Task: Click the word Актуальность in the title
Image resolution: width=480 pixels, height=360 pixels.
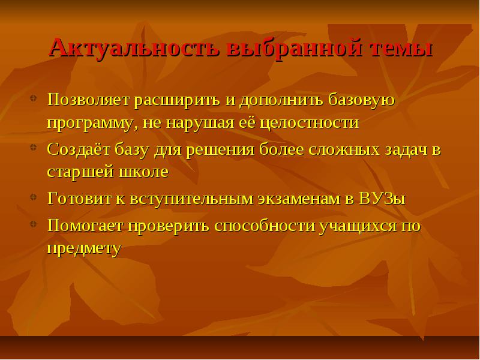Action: [134, 48]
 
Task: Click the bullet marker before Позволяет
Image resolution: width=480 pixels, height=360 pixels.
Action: [34, 98]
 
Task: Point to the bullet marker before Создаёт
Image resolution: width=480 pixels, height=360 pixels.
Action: [34, 147]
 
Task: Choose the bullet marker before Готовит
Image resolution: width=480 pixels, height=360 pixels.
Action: [34, 197]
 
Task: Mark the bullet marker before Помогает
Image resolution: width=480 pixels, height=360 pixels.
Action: [34, 224]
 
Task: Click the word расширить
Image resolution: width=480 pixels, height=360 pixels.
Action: [177, 100]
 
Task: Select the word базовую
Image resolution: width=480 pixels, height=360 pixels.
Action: [362, 100]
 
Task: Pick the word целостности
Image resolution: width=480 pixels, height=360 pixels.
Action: [309, 124]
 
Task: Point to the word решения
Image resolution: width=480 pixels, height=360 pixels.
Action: [220, 149]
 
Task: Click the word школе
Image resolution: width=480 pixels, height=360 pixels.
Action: [143, 172]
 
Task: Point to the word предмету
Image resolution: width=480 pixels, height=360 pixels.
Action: [84, 248]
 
